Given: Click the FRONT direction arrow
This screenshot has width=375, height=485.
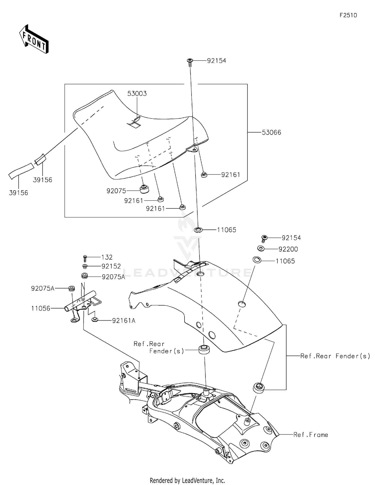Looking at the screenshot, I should [x=34, y=39].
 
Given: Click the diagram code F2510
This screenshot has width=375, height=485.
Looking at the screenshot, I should [x=348, y=15].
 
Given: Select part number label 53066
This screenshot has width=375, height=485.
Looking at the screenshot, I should [x=271, y=132].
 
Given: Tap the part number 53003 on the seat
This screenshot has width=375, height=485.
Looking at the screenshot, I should [x=137, y=94].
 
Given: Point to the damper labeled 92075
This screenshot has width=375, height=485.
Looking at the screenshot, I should [x=144, y=189].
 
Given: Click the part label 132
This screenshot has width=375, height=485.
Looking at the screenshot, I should [x=107, y=257].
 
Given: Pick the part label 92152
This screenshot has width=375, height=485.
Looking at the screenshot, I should [x=111, y=266].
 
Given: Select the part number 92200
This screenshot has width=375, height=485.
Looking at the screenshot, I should [x=288, y=249].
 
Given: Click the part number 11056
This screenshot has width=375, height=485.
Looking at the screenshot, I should [x=40, y=308].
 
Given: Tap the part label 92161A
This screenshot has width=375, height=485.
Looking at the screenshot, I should [x=123, y=321].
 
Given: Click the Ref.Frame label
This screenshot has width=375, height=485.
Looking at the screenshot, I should [x=310, y=435].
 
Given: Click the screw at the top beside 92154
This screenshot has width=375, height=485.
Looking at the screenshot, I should [x=190, y=62].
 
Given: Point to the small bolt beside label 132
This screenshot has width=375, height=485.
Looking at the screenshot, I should [x=85, y=258].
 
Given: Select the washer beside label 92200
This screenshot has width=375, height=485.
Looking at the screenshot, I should [x=261, y=249].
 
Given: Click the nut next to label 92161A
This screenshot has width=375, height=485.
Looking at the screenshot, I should [x=95, y=320].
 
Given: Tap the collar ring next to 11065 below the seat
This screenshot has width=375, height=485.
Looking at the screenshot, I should [x=198, y=229].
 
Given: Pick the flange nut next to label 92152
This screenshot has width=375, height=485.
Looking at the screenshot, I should [x=85, y=266].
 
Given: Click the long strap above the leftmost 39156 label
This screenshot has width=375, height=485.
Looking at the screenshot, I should [x=21, y=171].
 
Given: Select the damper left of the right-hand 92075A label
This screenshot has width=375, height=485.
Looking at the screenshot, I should [x=85, y=276].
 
